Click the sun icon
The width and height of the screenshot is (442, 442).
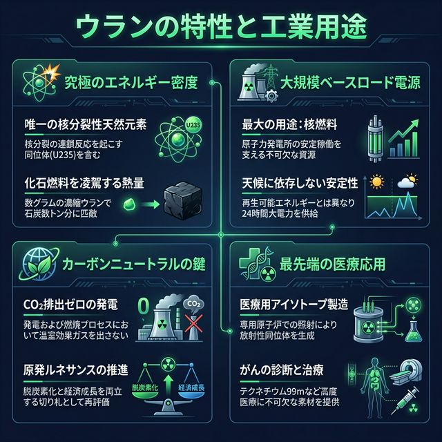(x=377, y=183)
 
